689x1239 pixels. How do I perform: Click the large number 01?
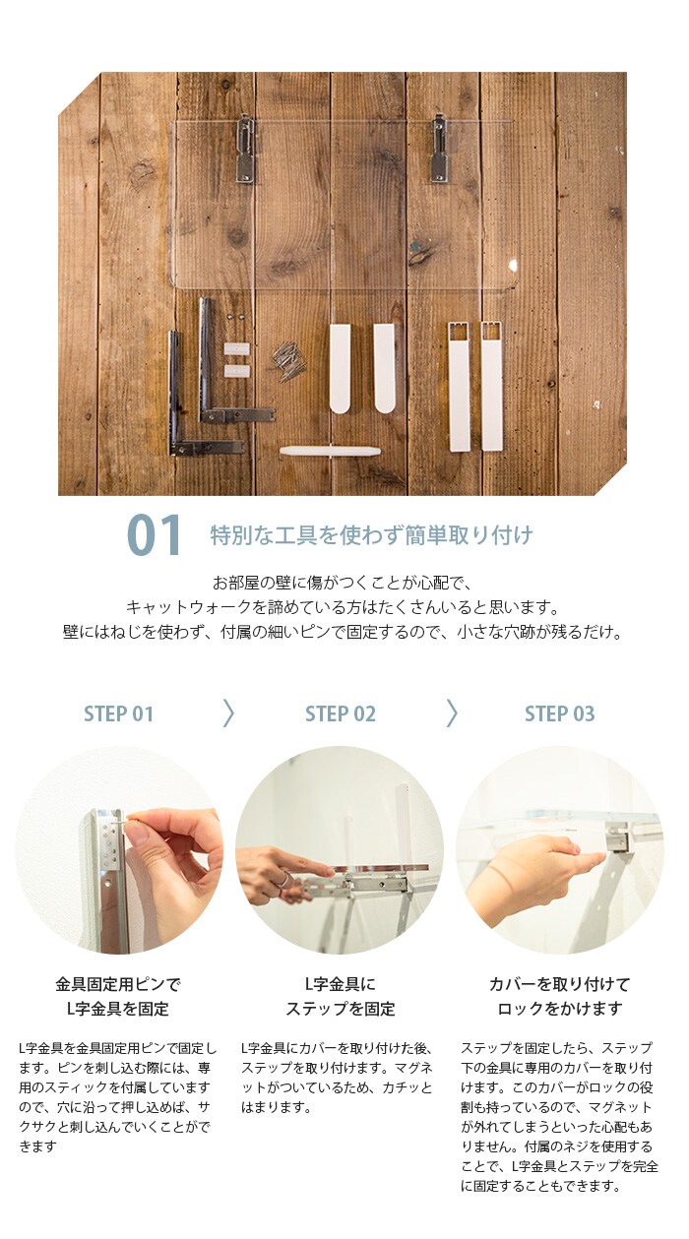(154, 534)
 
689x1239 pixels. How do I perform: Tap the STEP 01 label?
(118, 713)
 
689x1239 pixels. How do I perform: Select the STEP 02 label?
(341, 713)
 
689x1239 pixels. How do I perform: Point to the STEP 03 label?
(559, 713)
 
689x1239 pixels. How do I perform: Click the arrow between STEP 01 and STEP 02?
(228, 712)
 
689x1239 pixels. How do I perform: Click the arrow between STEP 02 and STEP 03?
(452, 712)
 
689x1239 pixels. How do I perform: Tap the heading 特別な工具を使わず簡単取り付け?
(371, 535)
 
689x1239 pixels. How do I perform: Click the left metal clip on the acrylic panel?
(245, 149)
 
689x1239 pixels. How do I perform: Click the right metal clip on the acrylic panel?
(439, 149)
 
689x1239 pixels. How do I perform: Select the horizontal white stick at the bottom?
(330, 451)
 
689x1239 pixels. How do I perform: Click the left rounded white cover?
(340, 368)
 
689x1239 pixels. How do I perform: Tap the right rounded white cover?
(384, 368)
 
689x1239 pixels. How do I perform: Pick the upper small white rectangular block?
(237, 349)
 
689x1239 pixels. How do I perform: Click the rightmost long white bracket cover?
(491, 386)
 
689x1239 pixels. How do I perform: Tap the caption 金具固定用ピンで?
(118, 984)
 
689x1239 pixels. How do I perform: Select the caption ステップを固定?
(341, 1009)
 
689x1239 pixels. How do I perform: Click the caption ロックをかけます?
(559, 1009)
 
